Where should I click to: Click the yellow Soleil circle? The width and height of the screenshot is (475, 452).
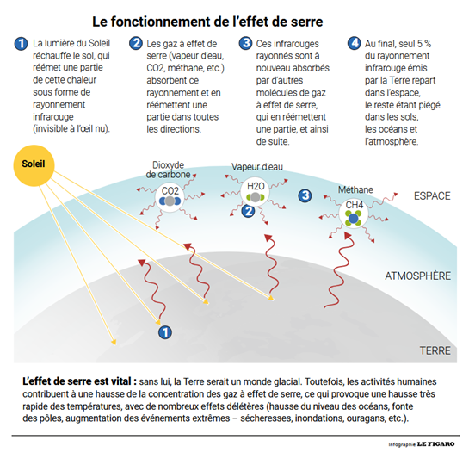point(34,165)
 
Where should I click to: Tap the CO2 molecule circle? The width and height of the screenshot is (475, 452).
point(170,197)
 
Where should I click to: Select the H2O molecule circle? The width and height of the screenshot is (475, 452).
point(255,192)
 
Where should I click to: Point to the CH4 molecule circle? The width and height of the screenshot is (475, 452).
point(354,214)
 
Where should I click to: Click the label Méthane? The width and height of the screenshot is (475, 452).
point(355,189)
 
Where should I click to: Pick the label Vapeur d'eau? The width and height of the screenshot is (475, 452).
point(257,167)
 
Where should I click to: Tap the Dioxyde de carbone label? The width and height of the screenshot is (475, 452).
point(168,170)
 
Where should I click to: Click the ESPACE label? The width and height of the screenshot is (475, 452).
point(432,196)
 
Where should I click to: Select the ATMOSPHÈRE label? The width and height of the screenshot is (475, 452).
point(417,276)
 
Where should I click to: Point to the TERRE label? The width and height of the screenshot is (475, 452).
point(435,350)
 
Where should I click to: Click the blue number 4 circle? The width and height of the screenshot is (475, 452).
point(355,43)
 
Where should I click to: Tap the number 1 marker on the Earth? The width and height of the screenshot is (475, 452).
point(165,332)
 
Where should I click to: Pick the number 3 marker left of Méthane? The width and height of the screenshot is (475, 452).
point(305,195)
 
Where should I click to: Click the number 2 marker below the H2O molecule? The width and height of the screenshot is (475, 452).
point(248,211)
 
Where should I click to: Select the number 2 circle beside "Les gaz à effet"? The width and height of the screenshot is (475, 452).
point(136,43)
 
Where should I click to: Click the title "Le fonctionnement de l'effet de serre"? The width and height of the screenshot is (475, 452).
point(207,22)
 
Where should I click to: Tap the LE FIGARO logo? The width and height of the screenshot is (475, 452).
point(436,444)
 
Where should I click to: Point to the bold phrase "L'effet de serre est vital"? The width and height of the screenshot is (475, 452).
point(77,381)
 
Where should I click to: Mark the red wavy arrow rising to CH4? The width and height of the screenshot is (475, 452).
point(339,269)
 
